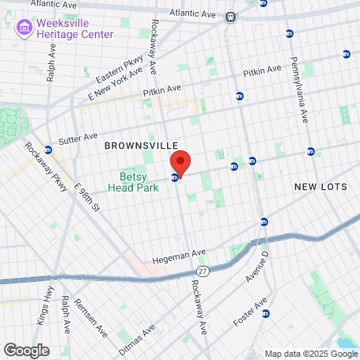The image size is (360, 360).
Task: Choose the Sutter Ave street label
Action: (x=78, y=136)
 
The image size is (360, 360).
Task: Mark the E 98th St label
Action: (x=86, y=199)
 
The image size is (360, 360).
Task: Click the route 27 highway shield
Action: (x=203, y=271)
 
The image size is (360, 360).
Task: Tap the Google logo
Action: (x=26, y=349)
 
